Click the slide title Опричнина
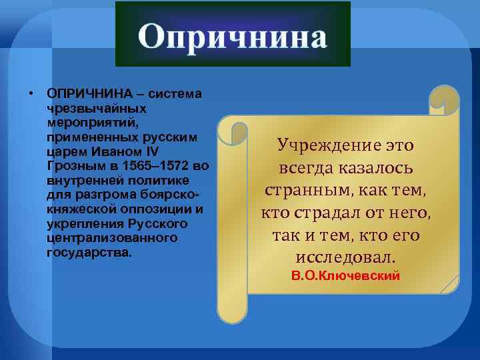coord(233,37)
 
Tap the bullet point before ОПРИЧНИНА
coord(31,93)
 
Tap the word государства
coord(89,253)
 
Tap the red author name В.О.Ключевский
coord(346,275)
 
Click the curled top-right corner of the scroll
coord(445,100)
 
